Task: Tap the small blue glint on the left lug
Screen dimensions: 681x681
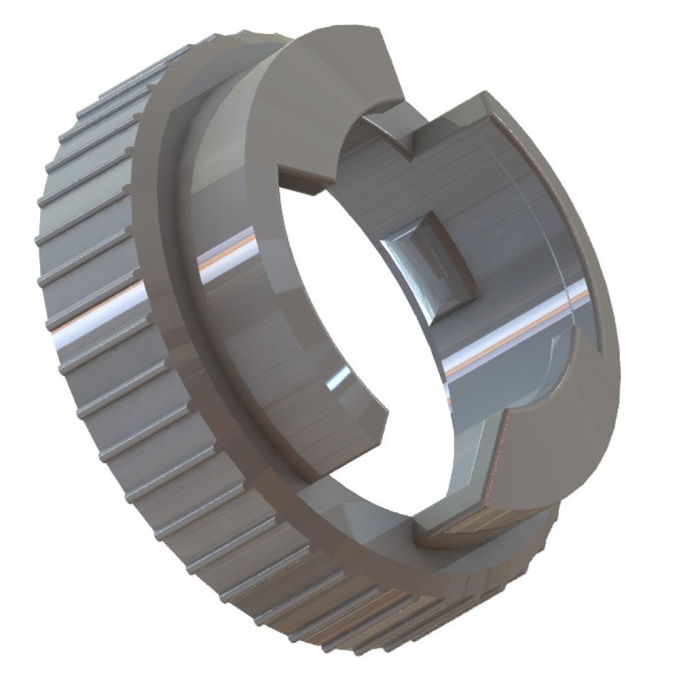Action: pos(336,379)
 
